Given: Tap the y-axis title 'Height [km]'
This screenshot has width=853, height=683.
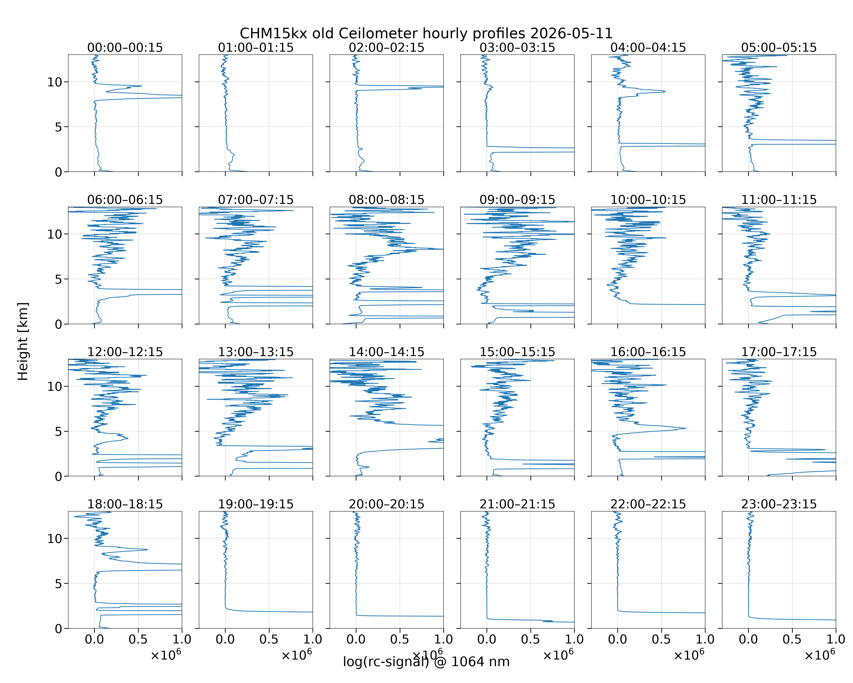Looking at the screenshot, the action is coord(23,341).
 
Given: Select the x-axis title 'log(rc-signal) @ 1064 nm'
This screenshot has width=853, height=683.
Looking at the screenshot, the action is coord(426,662).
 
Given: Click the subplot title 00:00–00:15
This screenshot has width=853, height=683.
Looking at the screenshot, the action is coord(125,48).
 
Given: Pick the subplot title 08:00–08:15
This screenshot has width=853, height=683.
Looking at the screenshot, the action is coord(386,200).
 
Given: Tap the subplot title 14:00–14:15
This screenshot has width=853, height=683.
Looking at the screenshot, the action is coord(386,352).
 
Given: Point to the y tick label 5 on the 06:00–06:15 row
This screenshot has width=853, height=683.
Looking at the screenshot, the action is coord(58,279).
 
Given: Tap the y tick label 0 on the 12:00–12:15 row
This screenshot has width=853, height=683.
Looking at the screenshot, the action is coord(58,476).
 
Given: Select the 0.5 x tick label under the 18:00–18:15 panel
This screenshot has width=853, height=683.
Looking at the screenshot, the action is coord(138,639).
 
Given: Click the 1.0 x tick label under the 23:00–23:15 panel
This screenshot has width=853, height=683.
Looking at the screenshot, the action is coord(835,639).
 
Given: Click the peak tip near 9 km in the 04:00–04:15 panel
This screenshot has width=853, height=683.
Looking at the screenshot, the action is coord(665,92).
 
